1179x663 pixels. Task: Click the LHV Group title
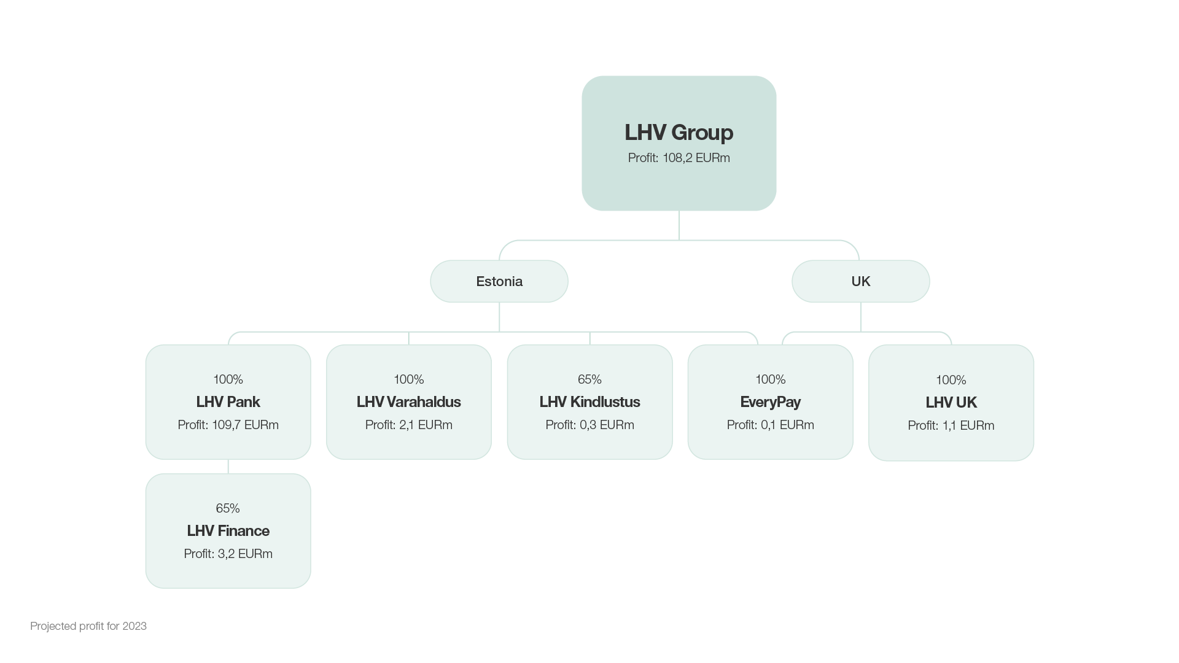679,133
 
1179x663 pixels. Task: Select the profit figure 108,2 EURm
696,158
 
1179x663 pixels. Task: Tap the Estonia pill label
499,281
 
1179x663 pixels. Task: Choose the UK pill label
861,281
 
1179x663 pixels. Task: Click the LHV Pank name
228,402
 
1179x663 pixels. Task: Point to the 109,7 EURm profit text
245,425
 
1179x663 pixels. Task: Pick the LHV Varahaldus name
409,402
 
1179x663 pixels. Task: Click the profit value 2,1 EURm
426,425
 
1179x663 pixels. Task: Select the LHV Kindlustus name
589,402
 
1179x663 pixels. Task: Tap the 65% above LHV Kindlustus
589,379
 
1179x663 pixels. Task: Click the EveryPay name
771,402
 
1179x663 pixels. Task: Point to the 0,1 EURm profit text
787,425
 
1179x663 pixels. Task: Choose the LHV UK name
951,403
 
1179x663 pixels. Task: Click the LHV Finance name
228,531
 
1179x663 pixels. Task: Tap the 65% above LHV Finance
228,508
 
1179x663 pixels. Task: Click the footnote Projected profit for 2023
88,626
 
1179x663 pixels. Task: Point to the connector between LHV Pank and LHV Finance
228,467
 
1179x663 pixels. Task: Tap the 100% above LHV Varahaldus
409,379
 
